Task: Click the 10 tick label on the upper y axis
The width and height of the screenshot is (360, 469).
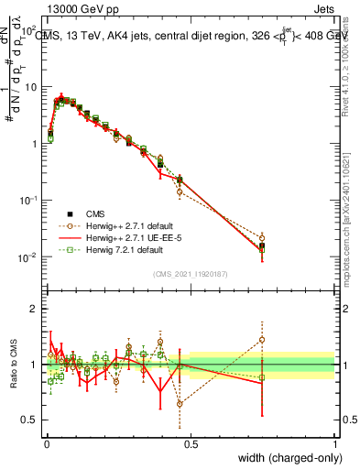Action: tap(31, 87)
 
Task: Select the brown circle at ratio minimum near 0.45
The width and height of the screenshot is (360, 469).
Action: tap(180, 403)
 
